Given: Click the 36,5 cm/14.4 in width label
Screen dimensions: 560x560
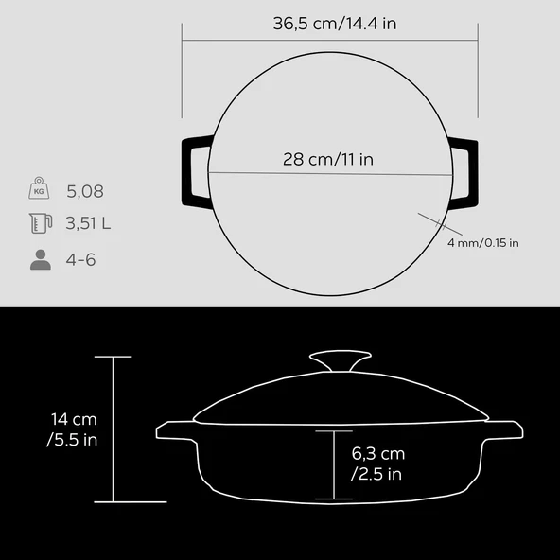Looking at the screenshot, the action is (x=335, y=24).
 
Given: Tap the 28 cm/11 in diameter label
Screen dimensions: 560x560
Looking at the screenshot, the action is (x=328, y=159).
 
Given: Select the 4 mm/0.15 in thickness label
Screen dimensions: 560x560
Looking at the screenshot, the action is (x=482, y=243).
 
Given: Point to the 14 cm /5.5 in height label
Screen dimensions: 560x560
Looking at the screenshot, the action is (x=73, y=429).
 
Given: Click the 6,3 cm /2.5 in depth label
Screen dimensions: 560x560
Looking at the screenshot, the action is (x=377, y=464).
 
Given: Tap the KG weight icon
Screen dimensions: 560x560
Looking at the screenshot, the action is (x=39, y=188).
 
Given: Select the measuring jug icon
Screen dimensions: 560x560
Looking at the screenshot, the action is (x=41, y=223).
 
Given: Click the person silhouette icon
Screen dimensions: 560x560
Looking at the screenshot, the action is (x=41, y=259).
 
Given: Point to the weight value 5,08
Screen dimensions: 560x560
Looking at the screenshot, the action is (x=85, y=191).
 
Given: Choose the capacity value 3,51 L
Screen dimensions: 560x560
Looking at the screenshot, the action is (x=88, y=223).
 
